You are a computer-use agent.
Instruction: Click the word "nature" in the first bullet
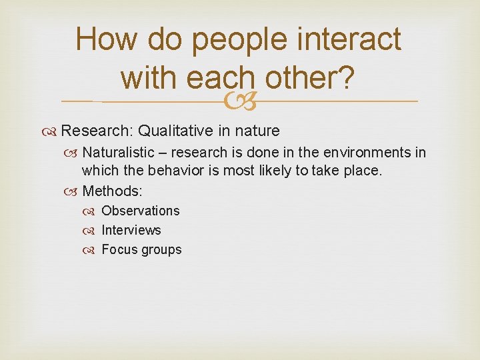click(x=257, y=131)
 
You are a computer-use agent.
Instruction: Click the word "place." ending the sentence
click(x=364, y=171)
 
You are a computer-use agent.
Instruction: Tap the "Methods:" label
click(x=113, y=191)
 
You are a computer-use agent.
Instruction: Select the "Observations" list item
click(x=141, y=211)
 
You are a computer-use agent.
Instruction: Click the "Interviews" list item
click(x=131, y=230)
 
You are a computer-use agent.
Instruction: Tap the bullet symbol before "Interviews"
click(x=93, y=231)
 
